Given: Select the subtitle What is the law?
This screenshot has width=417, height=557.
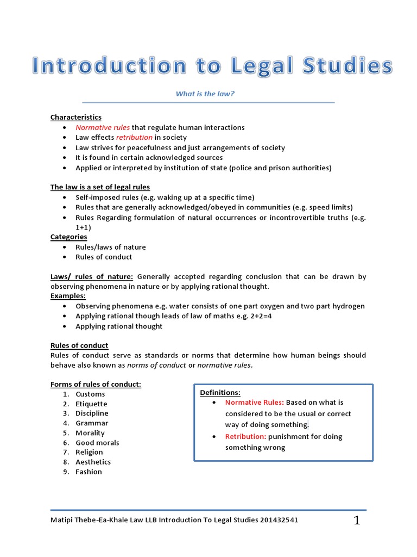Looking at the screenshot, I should [205, 94].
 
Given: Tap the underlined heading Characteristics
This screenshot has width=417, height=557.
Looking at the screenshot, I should [76, 117].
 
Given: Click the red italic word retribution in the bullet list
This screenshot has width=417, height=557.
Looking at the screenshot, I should [134, 138].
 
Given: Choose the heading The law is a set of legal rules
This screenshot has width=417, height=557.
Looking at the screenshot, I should [100, 187].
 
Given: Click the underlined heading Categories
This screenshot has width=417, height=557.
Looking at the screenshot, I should [68, 237].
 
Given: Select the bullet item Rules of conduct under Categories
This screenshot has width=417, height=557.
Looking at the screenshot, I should [104, 257].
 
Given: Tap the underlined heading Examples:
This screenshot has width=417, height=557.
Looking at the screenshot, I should [68, 296].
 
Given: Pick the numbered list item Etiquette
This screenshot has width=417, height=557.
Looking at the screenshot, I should [91, 404].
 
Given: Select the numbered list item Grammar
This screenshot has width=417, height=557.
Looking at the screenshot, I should [92, 423].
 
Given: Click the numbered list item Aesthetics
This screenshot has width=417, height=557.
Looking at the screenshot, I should [93, 462].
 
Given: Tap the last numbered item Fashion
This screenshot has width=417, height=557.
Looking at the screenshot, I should [89, 472].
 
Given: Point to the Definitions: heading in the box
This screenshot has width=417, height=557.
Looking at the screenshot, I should [220, 392].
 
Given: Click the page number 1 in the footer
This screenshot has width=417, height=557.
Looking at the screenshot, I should [357, 521].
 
